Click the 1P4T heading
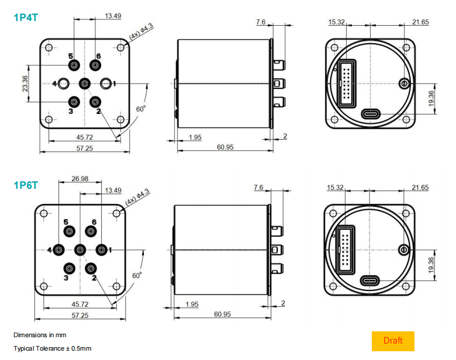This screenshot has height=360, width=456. [26, 18]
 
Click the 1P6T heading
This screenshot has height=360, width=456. [26, 186]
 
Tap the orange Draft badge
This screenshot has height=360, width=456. [393, 341]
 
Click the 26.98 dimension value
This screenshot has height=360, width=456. [80, 179]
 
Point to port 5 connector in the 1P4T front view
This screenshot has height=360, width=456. [74, 65]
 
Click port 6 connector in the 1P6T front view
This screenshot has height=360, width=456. [90, 231]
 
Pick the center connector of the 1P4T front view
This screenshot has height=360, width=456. [85, 84]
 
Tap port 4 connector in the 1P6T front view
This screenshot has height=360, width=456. [59, 251]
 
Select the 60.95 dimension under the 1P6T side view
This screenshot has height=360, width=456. [222, 314]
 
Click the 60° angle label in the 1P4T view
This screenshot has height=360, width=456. [141, 109]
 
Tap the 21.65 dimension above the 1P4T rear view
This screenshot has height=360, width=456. [420, 22]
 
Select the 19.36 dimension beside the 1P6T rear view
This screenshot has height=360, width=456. [431, 265]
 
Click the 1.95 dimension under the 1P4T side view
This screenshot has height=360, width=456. [195, 137]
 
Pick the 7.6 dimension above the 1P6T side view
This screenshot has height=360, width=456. [258, 188]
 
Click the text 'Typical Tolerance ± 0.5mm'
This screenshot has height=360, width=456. [53, 348]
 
